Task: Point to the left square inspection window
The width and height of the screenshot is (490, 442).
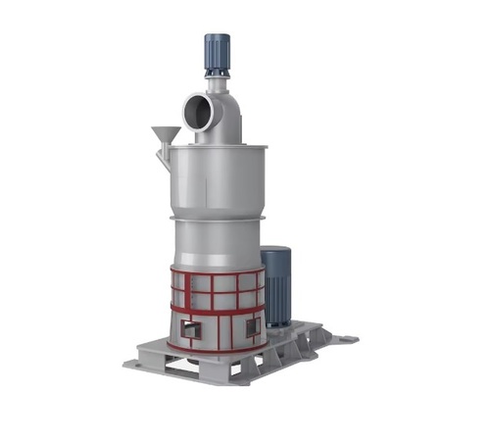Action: point(191,329)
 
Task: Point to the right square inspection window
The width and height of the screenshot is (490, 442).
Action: point(253,324)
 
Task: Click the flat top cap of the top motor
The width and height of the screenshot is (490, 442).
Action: point(216,36)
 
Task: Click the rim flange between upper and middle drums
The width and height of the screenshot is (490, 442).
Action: point(218,216)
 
